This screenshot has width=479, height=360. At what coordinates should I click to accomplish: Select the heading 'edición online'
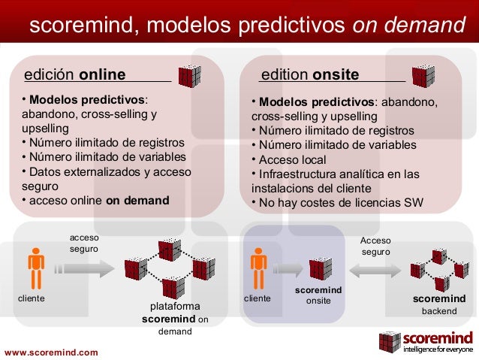point(75,75)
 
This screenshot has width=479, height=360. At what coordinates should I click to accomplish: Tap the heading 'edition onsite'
point(309,75)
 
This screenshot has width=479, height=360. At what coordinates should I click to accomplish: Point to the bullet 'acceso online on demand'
point(97,201)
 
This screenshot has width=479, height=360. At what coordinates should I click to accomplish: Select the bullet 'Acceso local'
point(291,159)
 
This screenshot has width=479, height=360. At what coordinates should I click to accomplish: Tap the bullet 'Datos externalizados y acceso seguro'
point(105,179)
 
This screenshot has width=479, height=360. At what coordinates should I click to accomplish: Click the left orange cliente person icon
point(35,266)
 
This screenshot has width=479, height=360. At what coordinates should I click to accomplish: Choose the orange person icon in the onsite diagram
point(258,266)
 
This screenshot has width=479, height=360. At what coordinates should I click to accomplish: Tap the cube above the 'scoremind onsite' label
point(321,268)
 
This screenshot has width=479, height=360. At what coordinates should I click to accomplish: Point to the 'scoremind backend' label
point(438,304)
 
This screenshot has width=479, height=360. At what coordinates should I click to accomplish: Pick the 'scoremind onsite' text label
point(318,295)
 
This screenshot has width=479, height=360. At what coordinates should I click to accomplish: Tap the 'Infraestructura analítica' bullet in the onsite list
point(338,180)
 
